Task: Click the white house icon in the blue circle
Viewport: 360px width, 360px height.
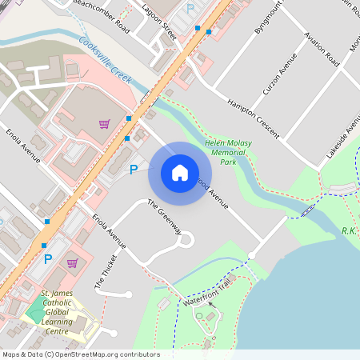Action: (x=179, y=173)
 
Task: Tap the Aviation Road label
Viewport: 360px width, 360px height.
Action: (x=321, y=48)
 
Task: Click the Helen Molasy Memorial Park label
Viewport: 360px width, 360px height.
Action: (x=231, y=151)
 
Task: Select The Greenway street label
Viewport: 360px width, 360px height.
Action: (x=165, y=218)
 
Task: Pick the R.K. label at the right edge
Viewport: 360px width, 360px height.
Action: (x=349, y=230)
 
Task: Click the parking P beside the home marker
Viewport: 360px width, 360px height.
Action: (x=134, y=169)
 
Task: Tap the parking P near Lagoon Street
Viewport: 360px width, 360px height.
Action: (x=190, y=7)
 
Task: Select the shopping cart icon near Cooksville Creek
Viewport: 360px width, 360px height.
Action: (x=104, y=123)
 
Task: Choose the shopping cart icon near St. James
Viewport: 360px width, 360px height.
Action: (x=72, y=262)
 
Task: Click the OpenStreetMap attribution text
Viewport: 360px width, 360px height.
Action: (x=80, y=354)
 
